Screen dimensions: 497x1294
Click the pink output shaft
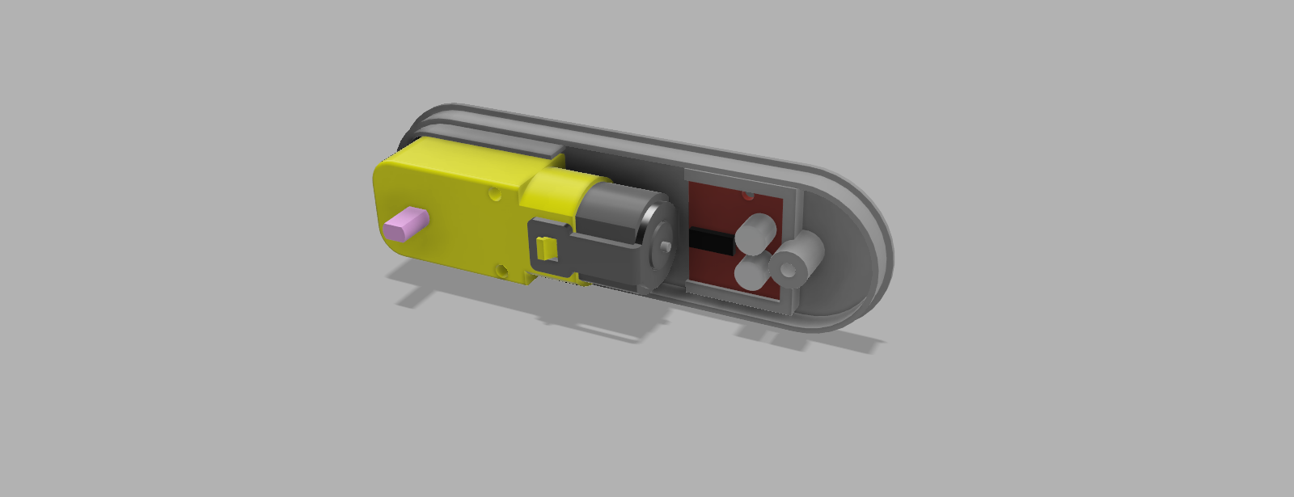click(x=408, y=224)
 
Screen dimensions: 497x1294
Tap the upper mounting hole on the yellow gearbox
click(x=494, y=195)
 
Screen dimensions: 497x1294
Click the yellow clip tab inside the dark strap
click(x=547, y=248)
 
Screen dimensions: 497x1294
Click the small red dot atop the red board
click(x=747, y=196)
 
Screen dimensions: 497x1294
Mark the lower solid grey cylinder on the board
click(x=751, y=272)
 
